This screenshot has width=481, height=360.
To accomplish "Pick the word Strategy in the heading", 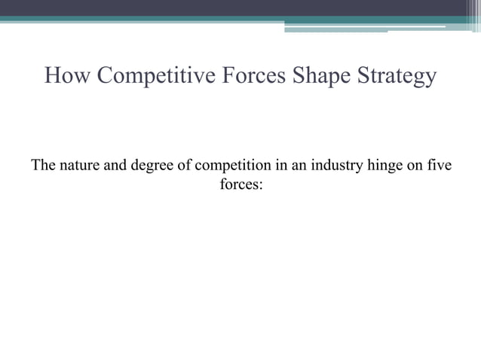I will click(x=400, y=77).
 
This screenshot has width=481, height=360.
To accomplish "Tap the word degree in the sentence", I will click(x=151, y=166).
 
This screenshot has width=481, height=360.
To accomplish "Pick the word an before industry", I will click(x=299, y=166).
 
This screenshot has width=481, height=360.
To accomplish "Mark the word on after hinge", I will click(x=414, y=166).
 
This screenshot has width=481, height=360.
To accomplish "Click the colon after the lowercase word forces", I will click(x=260, y=184).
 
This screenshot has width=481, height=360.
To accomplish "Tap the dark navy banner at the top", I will click(x=226, y=8).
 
